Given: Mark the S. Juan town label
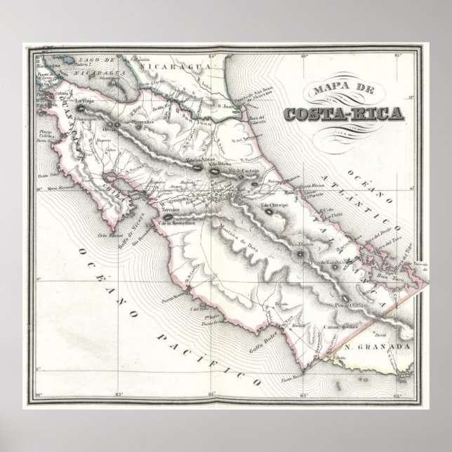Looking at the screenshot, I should (226, 107).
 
